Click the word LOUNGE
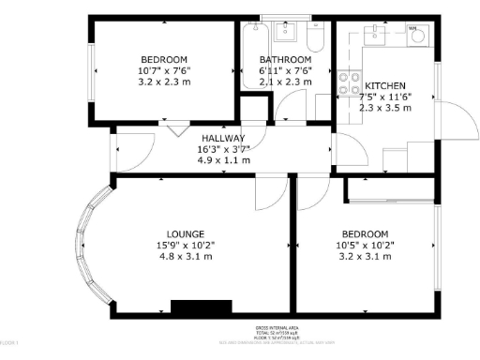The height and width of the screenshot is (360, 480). [186, 233]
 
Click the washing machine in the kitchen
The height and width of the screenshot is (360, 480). [416, 37]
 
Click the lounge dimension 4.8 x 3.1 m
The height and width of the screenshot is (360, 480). [186, 256]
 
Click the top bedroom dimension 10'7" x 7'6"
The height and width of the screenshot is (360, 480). [164, 69]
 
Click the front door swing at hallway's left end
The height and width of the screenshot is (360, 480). [131, 150]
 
